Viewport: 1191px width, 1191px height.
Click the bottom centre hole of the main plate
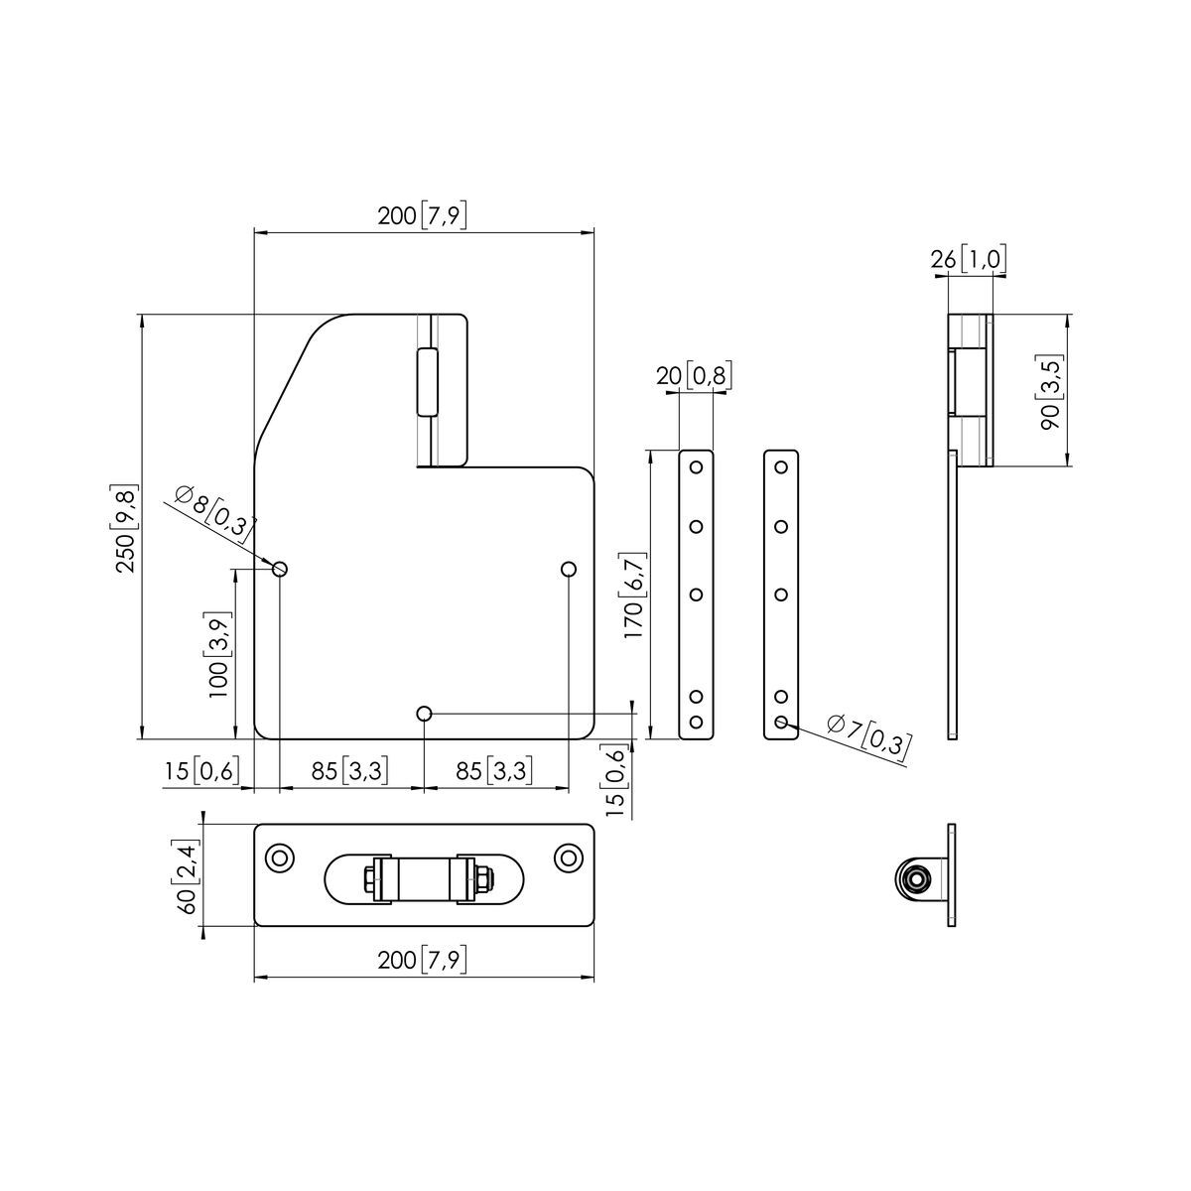coord(424,714)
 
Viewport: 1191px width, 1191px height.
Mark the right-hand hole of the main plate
coord(568,569)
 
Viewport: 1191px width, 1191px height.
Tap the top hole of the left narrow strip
coord(696,467)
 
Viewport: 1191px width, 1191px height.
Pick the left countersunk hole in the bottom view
coord(279,858)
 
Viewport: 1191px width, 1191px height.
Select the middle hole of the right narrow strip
coord(781,595)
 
